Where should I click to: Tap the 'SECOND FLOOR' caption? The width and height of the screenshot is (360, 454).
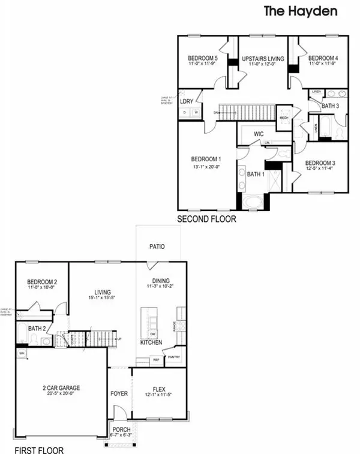coord(206,220)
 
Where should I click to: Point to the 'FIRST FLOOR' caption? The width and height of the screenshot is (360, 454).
coord(38,449)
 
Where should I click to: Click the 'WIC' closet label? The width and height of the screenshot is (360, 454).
coord(259,134)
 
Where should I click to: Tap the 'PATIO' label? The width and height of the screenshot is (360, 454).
coord(157,246)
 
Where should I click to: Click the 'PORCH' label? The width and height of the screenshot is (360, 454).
coord(121,429)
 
